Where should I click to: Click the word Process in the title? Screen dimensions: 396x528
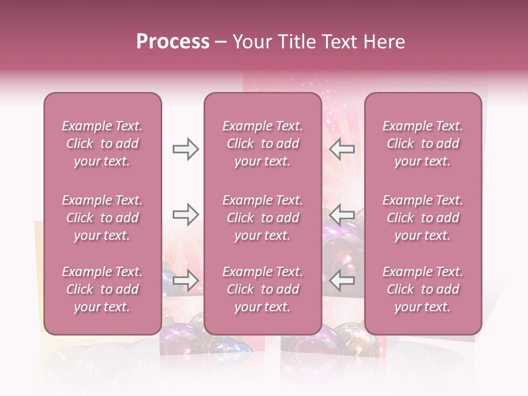(x=173, y=42)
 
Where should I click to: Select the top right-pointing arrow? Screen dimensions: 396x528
(x=185, y=149)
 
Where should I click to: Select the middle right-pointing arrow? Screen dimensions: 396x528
(x=185, y=215)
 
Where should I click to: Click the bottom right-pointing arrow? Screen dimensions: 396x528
(x=185, y=280)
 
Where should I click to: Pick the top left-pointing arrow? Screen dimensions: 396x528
(x=342, y=149)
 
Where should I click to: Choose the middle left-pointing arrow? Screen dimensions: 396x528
(x=342, y=215)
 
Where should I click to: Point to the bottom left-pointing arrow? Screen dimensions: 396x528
(x=342, y=280)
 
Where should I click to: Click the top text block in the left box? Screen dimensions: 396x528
(x=102, y=144)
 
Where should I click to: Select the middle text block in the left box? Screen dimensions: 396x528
(x=102, y=218)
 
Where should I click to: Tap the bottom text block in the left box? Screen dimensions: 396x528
(x=102, y=289)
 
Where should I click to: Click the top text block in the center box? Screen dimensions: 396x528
(x=262, y=144)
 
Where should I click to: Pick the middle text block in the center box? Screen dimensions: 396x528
(x=262, y=218)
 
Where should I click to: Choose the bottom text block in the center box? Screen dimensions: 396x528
(x=262, y=289)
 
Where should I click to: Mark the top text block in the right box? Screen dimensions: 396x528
(x=423, y=144)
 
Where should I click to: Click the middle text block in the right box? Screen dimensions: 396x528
(x=423, y=218)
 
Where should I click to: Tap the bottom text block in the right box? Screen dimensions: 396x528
(x=423, y=289)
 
